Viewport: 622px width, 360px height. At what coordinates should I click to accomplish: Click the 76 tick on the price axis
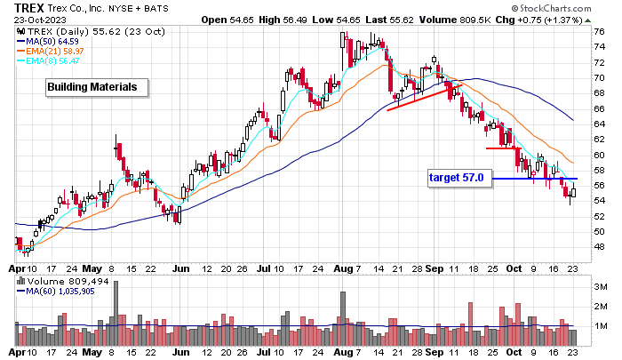point(599,31)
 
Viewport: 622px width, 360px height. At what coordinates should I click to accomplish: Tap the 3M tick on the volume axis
point(601,286)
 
